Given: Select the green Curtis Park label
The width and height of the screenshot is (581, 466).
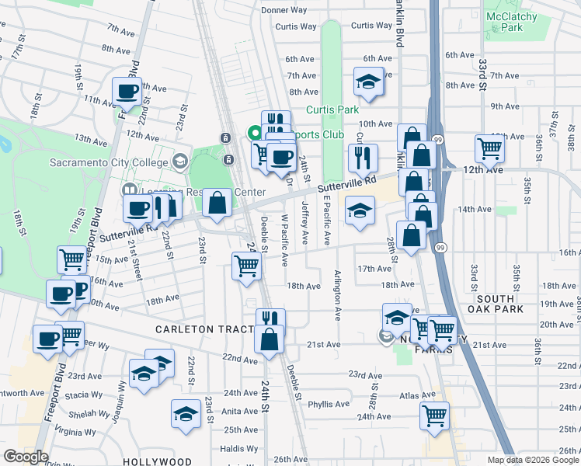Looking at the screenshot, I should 332,110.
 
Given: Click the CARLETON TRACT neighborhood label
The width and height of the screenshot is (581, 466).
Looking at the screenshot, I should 204,329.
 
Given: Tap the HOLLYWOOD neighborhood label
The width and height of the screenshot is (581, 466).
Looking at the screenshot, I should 157,461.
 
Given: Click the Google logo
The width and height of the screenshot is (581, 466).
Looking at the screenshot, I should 26,457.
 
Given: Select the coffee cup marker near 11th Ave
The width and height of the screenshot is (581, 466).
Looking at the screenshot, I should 127,92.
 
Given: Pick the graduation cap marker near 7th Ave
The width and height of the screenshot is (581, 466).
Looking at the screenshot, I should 367,81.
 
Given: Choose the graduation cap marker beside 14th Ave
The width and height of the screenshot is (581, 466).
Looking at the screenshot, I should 360,210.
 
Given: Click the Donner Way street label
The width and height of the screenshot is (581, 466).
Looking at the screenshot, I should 284,10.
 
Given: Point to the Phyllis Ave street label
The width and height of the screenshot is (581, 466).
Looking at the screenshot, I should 329,404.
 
